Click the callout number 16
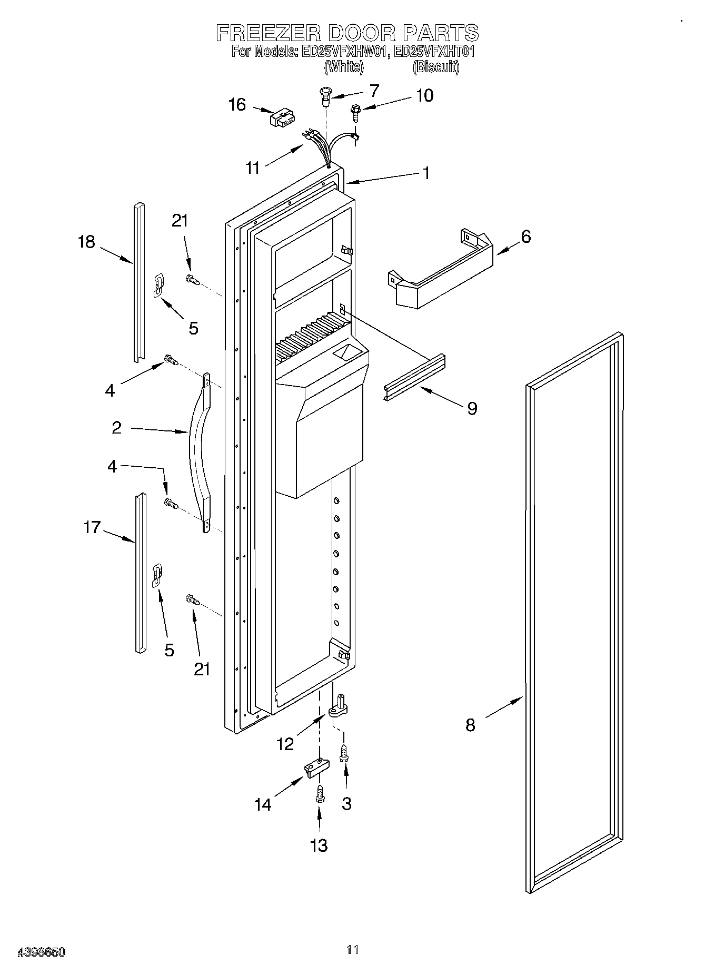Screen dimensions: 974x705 coord(237,104)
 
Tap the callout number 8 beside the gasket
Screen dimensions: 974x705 coord(470,725)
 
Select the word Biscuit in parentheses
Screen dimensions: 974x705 coord(435,67)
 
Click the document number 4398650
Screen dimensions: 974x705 coord(42,952)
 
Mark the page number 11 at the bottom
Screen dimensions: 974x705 coord(352,949)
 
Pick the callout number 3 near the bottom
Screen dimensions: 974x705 coord(346,803)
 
